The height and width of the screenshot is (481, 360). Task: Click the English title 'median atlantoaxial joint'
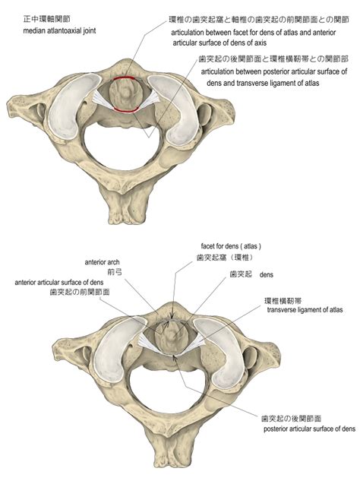59,31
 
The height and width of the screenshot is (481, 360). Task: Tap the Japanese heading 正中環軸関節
46,19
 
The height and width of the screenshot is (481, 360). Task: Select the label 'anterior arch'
102,262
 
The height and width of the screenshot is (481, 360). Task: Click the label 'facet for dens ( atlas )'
231,246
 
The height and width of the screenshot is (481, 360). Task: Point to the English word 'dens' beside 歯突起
266,274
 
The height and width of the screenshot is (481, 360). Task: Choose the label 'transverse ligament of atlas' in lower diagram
305,310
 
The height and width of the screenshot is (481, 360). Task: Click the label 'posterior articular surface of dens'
309,429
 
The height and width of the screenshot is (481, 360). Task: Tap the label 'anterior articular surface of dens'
59,283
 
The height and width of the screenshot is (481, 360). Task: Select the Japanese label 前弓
115,272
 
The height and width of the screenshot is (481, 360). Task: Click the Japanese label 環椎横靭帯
283,301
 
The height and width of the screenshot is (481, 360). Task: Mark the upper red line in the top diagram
125,78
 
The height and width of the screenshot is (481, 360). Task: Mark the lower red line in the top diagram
126,110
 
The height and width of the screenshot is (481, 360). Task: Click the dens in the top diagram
125,93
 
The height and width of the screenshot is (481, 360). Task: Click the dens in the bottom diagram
171,337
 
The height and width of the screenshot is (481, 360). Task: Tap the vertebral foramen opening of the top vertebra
122,147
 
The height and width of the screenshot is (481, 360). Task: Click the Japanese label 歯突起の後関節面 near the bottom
292,419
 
